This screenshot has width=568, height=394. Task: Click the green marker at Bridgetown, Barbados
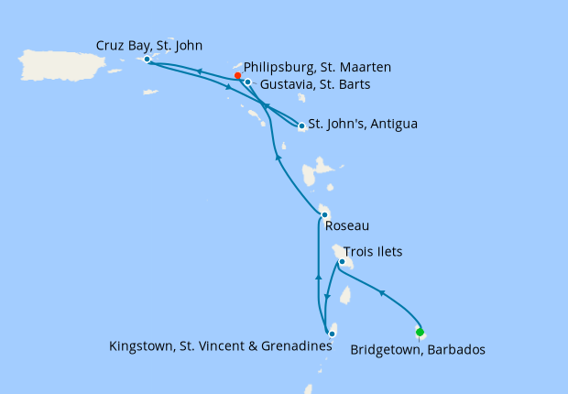click(x=420, y=332)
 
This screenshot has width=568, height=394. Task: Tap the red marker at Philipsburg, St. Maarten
click(x=237, y=76)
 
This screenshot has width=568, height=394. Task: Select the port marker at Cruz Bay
click(x=147, y=60)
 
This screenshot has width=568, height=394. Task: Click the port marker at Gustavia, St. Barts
click(x=247, y=82)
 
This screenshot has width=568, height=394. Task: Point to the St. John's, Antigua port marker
click(x=301, y=126)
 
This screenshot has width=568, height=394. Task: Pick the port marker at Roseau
click(x=323, y=215)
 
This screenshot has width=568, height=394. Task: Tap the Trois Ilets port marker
click(x=341, y=262)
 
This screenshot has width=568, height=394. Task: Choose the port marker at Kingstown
click(x=332, y=334)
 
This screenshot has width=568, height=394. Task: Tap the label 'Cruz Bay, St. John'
click(x=149, y=44)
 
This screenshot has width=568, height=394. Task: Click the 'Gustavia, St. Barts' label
click(x=315, y=84)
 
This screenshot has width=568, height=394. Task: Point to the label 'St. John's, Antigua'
click(x=363, y=123)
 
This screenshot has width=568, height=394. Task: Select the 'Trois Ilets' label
click(x=373, y=250)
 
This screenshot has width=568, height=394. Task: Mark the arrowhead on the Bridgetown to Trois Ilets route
click(x=381, y=293)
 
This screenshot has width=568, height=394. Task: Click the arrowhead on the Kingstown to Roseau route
click(x=317, y=275)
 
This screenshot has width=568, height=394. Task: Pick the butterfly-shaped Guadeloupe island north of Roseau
click(x=316, y=173)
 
